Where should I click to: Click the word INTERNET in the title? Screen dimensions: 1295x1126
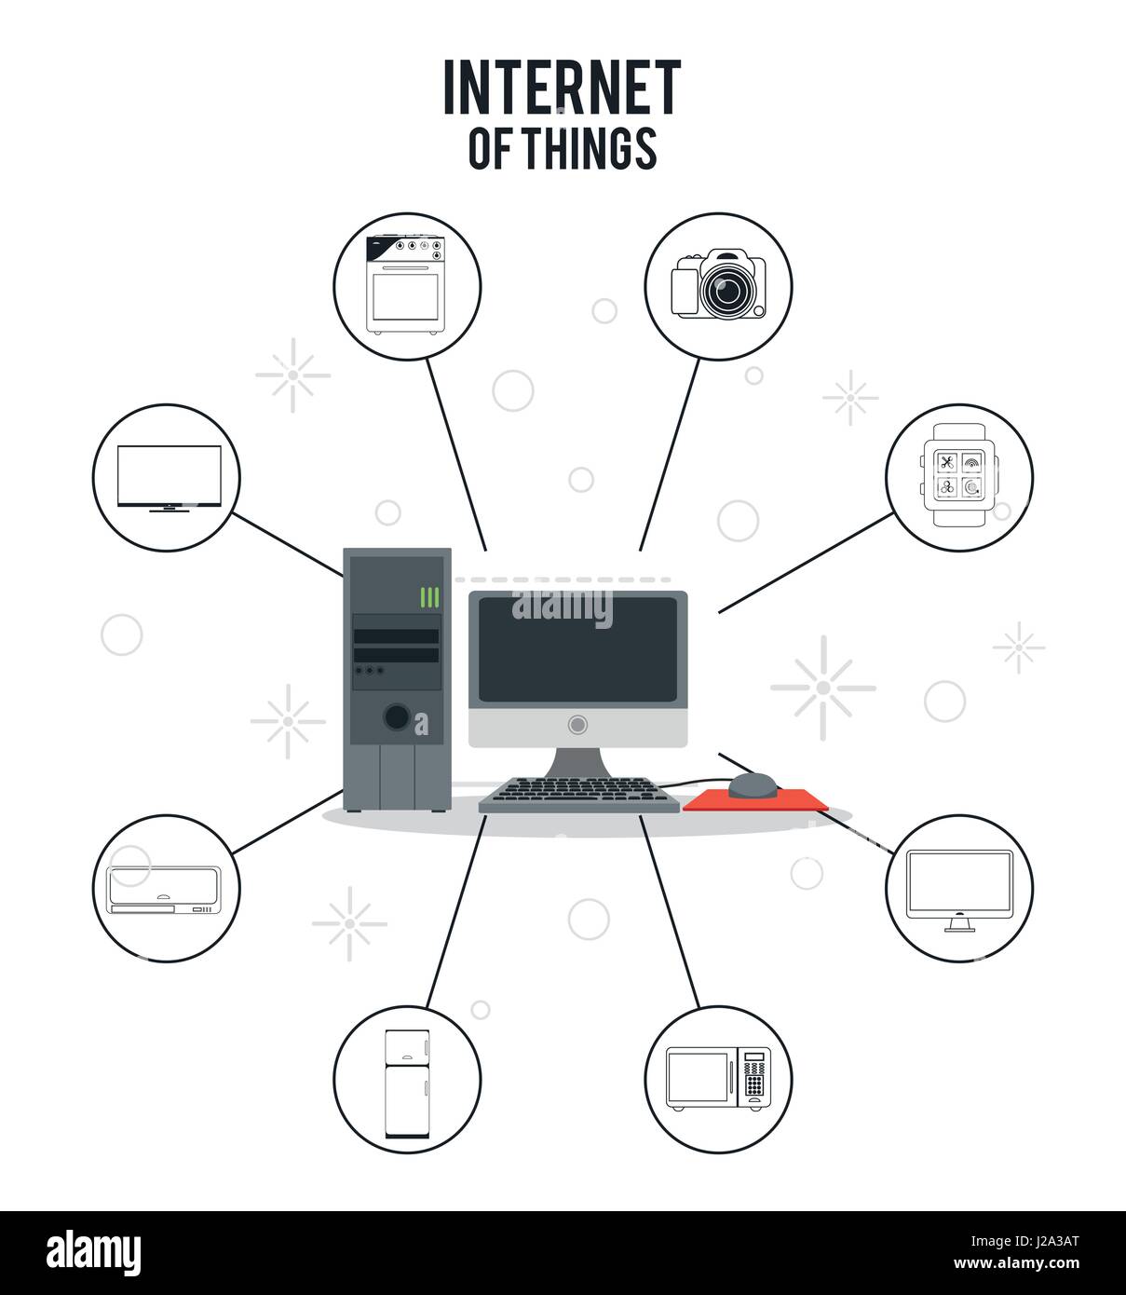562,89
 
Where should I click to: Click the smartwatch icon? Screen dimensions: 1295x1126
958,476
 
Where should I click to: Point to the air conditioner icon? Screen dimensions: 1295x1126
165,890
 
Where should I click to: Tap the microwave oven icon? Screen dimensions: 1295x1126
718,1079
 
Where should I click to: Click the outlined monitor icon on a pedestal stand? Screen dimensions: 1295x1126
959,889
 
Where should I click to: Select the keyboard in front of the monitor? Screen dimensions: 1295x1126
579,795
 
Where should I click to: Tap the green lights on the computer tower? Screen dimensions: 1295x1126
429,597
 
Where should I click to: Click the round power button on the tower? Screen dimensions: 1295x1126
396,716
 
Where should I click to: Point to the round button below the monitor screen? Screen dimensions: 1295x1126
577,724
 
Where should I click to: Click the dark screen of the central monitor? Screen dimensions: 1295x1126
577,650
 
